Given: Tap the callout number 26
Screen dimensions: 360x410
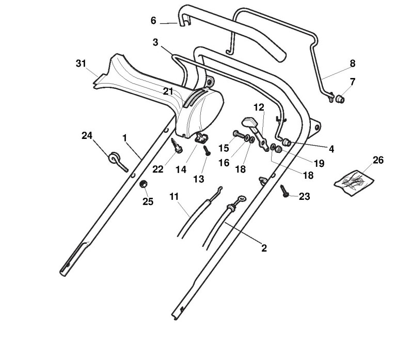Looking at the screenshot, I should click(x=378, y=160).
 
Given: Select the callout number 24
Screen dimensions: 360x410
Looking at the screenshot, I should click(x=87, y=136).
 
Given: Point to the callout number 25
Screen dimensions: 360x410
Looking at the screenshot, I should click(x=148, y=201).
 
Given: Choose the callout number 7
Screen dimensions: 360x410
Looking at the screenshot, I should click(x=353, y=82).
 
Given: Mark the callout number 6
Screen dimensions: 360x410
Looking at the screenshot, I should click(x=153, y=21).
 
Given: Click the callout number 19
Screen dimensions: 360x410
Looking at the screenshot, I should click(x=319, y=163).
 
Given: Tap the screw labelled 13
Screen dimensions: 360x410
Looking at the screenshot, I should click(x=207, y=151).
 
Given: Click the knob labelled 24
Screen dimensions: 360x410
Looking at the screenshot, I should click(x=115, y=158).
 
